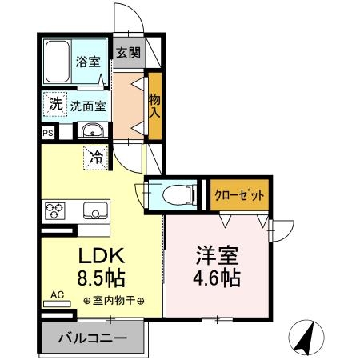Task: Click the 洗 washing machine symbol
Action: click(54, 103)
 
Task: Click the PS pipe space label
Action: click(49, 133)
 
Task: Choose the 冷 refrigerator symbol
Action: click(95, 157)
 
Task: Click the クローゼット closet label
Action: click(238, 194)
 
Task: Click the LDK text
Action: click(100, 258)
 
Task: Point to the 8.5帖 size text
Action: click(100, 279)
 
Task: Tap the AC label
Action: click(57, 295)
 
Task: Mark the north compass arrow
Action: click(305, 337)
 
